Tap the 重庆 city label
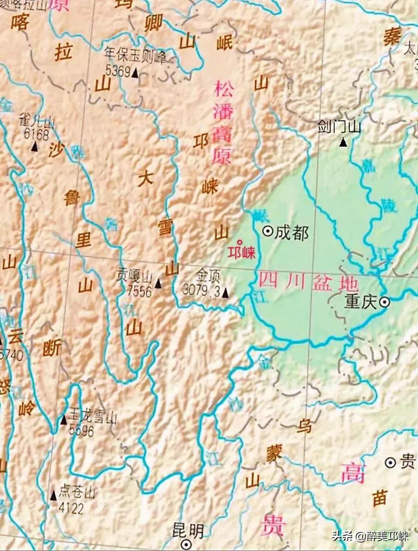point(361,302)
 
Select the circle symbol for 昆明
point(187,544)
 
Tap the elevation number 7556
point(140,291)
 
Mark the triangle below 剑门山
point(343,143)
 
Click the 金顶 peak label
point(208,276)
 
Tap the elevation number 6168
point(36,135)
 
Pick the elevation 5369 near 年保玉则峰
point(118,71)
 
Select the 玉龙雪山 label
point(93,418)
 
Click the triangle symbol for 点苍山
point(54,495)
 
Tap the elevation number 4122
point(71,508)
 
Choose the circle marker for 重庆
point(384,302)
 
